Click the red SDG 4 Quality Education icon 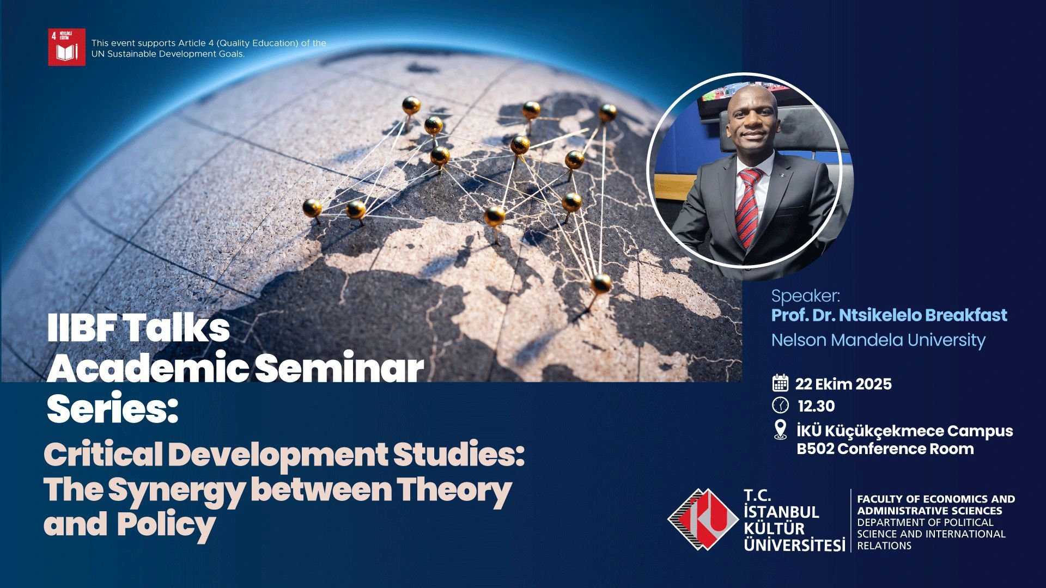66,47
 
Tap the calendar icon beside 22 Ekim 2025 781,383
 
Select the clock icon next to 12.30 781,406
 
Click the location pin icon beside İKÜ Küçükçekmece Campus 780,430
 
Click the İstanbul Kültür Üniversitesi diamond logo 703,519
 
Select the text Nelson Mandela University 878,340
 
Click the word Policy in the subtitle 166,525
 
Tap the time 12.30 816,406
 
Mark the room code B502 815,449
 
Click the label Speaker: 806,297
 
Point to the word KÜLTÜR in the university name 774,528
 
